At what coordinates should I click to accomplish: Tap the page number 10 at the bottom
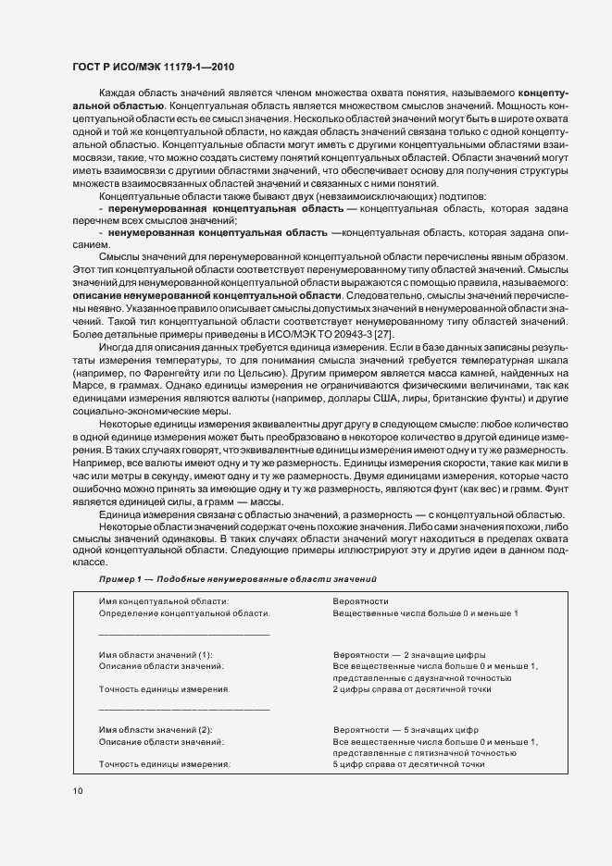[76, 790]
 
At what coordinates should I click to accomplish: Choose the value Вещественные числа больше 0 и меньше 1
[425, 613]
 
